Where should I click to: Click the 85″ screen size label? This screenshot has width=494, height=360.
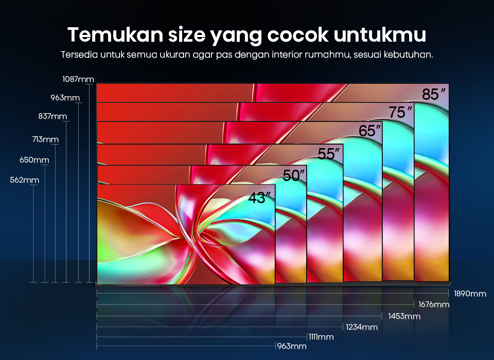click(x=434, y=94)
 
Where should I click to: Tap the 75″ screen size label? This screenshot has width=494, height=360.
click(x=400, y=112)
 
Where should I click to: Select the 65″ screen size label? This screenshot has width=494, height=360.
click(x=369, y=131)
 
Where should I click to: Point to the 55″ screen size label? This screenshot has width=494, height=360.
click(x=329, y=154)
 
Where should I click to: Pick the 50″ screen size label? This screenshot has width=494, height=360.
click(x=294, y=175)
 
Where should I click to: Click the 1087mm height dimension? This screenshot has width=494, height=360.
click(x=78, y=79)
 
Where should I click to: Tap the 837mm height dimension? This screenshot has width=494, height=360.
click(x=52, y=116)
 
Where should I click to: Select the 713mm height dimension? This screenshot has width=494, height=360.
click(x=45, y=139)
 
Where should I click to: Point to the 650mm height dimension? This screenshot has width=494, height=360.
click(x=34, y=160)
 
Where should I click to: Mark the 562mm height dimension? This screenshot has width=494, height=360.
click(x=25, y=180)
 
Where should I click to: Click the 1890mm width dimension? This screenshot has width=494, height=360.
click(x=470, y=294)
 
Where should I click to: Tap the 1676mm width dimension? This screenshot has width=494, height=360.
click(x=434, y=304)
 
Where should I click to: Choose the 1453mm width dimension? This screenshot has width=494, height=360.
click(x=404, y=316)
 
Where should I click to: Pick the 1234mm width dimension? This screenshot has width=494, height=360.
click(x=362, y=327)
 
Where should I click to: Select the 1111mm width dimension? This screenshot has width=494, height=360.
click(x=321, y=337)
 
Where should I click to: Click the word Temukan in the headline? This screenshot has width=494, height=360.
click(x=115, y=34)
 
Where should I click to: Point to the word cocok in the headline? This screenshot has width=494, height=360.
click(x=298, y=34)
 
